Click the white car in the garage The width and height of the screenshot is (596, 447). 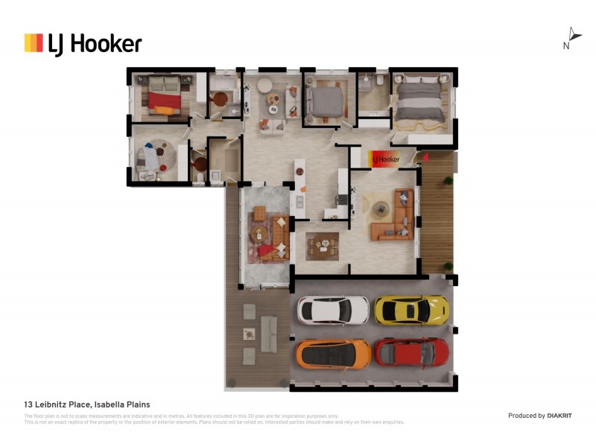333,310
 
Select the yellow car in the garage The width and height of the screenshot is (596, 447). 411,310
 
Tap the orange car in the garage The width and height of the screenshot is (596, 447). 333,353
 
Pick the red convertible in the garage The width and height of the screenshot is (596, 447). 411,352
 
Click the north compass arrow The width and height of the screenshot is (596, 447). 574,34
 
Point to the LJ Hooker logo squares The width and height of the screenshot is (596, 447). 34,43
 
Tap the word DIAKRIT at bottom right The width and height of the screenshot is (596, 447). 559,415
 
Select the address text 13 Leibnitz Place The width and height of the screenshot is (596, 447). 60,405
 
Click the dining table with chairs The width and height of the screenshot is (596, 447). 322,245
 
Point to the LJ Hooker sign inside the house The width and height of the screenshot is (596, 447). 385,159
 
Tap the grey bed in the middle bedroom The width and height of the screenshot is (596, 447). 324,101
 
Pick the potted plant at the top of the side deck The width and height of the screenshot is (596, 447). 447,180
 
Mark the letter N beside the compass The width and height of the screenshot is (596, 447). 566,45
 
